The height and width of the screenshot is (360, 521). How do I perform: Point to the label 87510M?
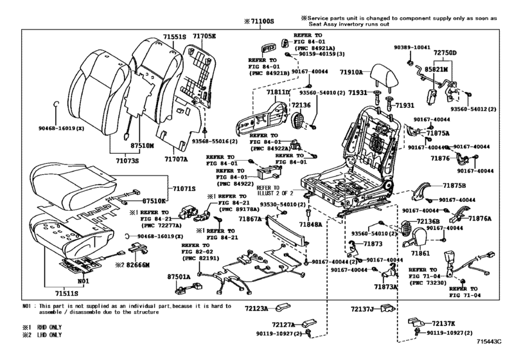pos(138,146)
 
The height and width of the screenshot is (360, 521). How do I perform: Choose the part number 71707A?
pos(175,156)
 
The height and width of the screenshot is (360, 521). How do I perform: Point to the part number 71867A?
pos(251,220)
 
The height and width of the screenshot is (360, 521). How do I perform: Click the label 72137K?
pos(444,323)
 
